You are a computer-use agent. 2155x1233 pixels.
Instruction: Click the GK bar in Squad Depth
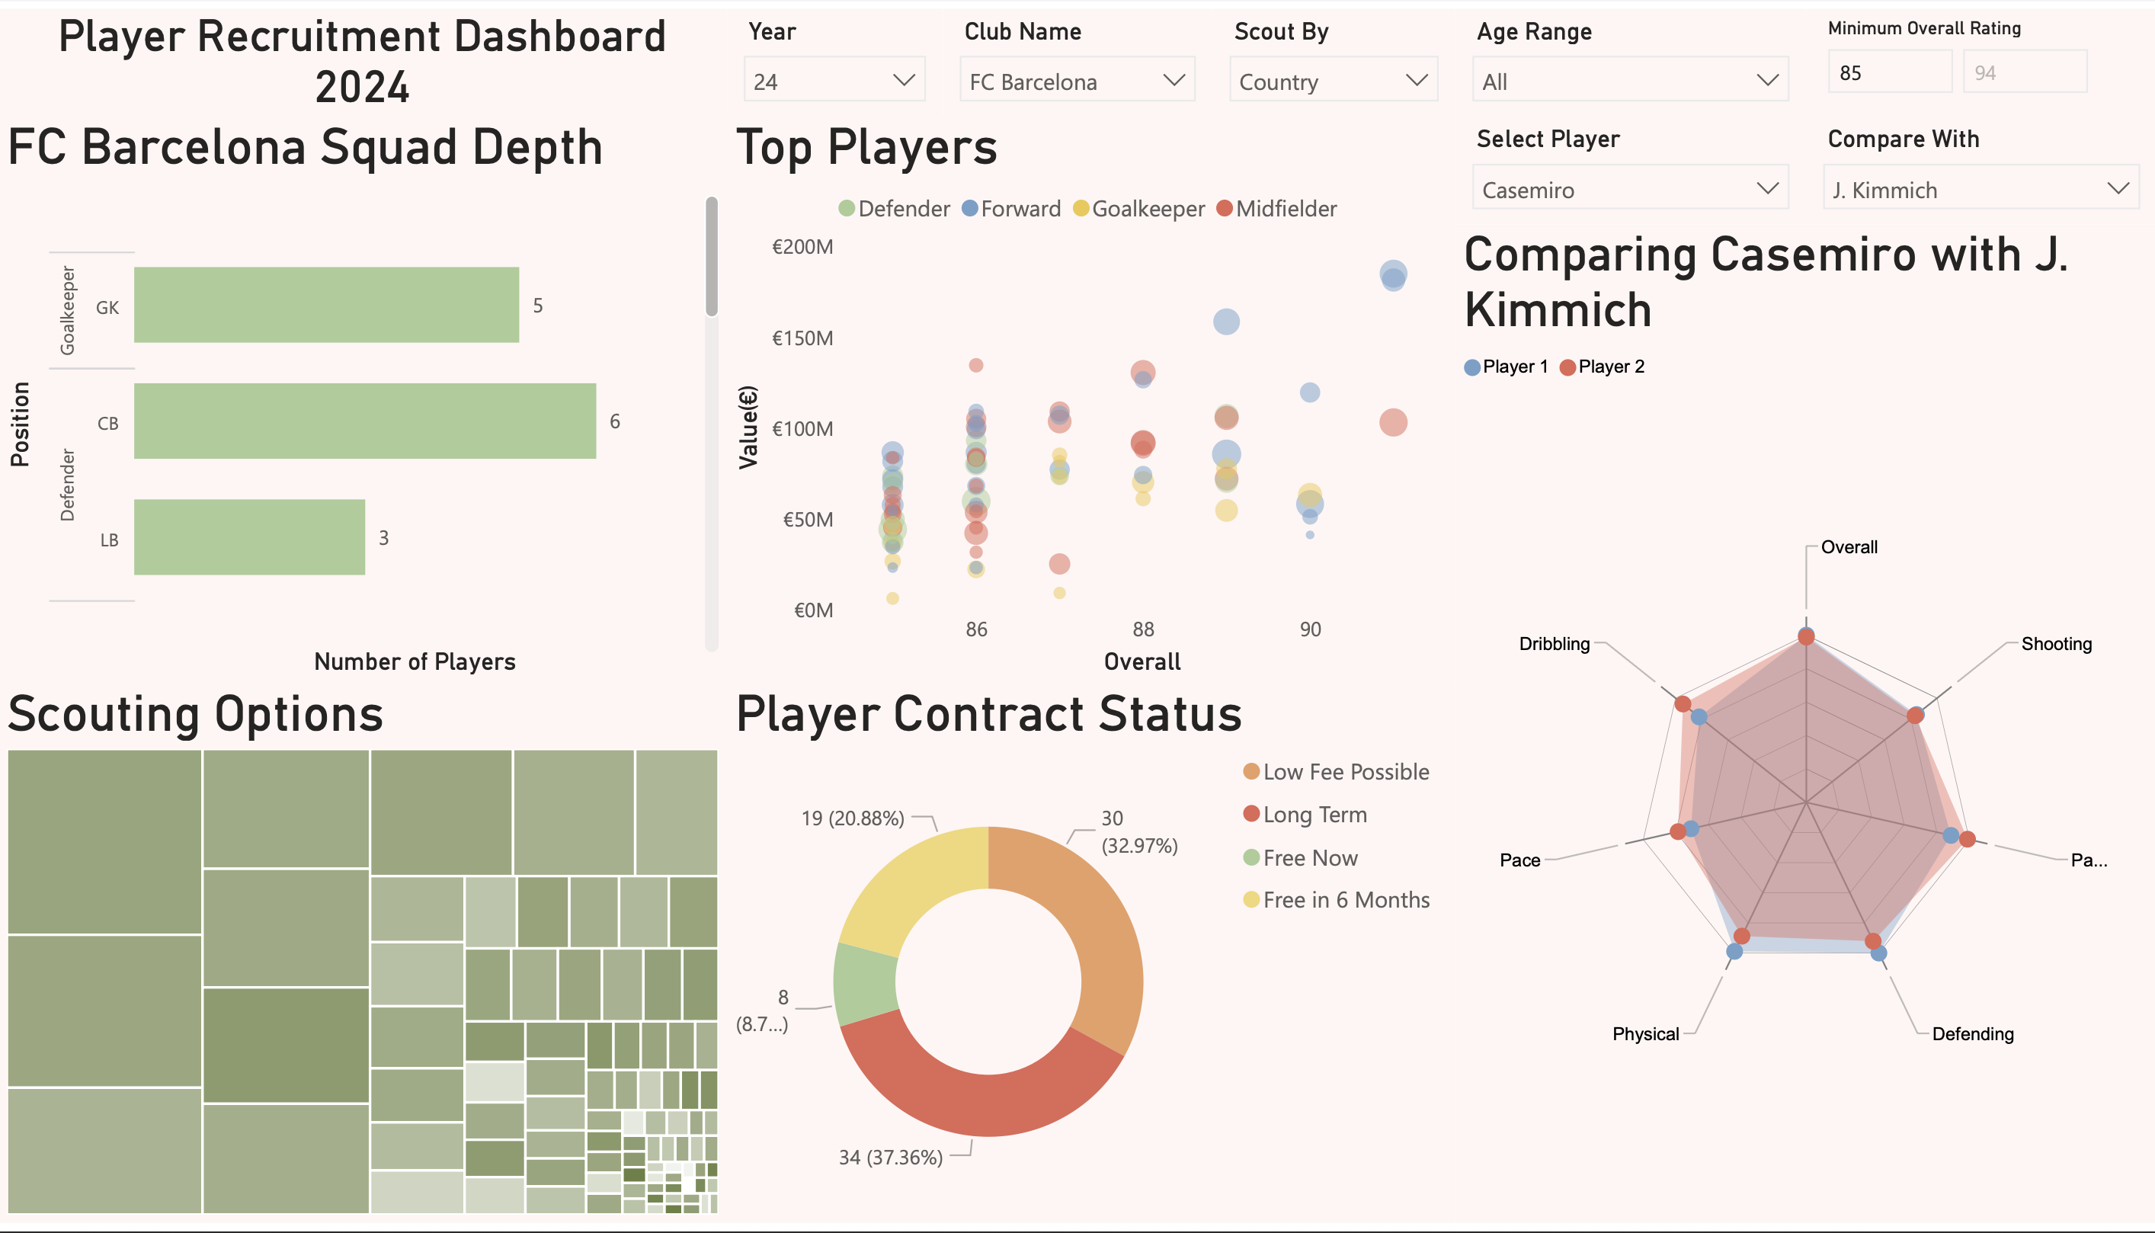click(x=326, y=305)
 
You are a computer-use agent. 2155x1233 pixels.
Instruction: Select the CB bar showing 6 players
click(x=364, y=421)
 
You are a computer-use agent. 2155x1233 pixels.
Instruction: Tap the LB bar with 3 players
click(x=249, y=537)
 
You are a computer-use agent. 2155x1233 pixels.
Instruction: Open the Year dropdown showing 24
click(x=834, y=81)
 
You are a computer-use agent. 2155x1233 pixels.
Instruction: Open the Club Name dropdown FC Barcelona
click(x=1076, y=81)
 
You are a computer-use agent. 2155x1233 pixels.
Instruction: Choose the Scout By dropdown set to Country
click(x=1333, y=81)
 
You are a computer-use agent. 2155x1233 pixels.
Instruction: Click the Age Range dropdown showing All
click(x=1629, y=81)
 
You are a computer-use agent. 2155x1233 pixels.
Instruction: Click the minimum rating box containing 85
click(x=1888, y=73)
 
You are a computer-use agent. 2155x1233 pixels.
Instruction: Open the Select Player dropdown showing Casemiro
click(x=1629, y=188)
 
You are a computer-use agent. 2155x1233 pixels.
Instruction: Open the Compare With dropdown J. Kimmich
click(x=1980, y=188)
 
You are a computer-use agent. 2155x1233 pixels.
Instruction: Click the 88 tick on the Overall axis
click(x=1143, y=629)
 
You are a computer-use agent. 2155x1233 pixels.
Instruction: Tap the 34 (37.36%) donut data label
click(x=890, y=1158)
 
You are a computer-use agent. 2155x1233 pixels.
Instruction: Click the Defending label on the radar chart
click(x=1972, y=1034)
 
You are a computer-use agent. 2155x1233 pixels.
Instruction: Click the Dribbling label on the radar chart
click(x=1554, y=644)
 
